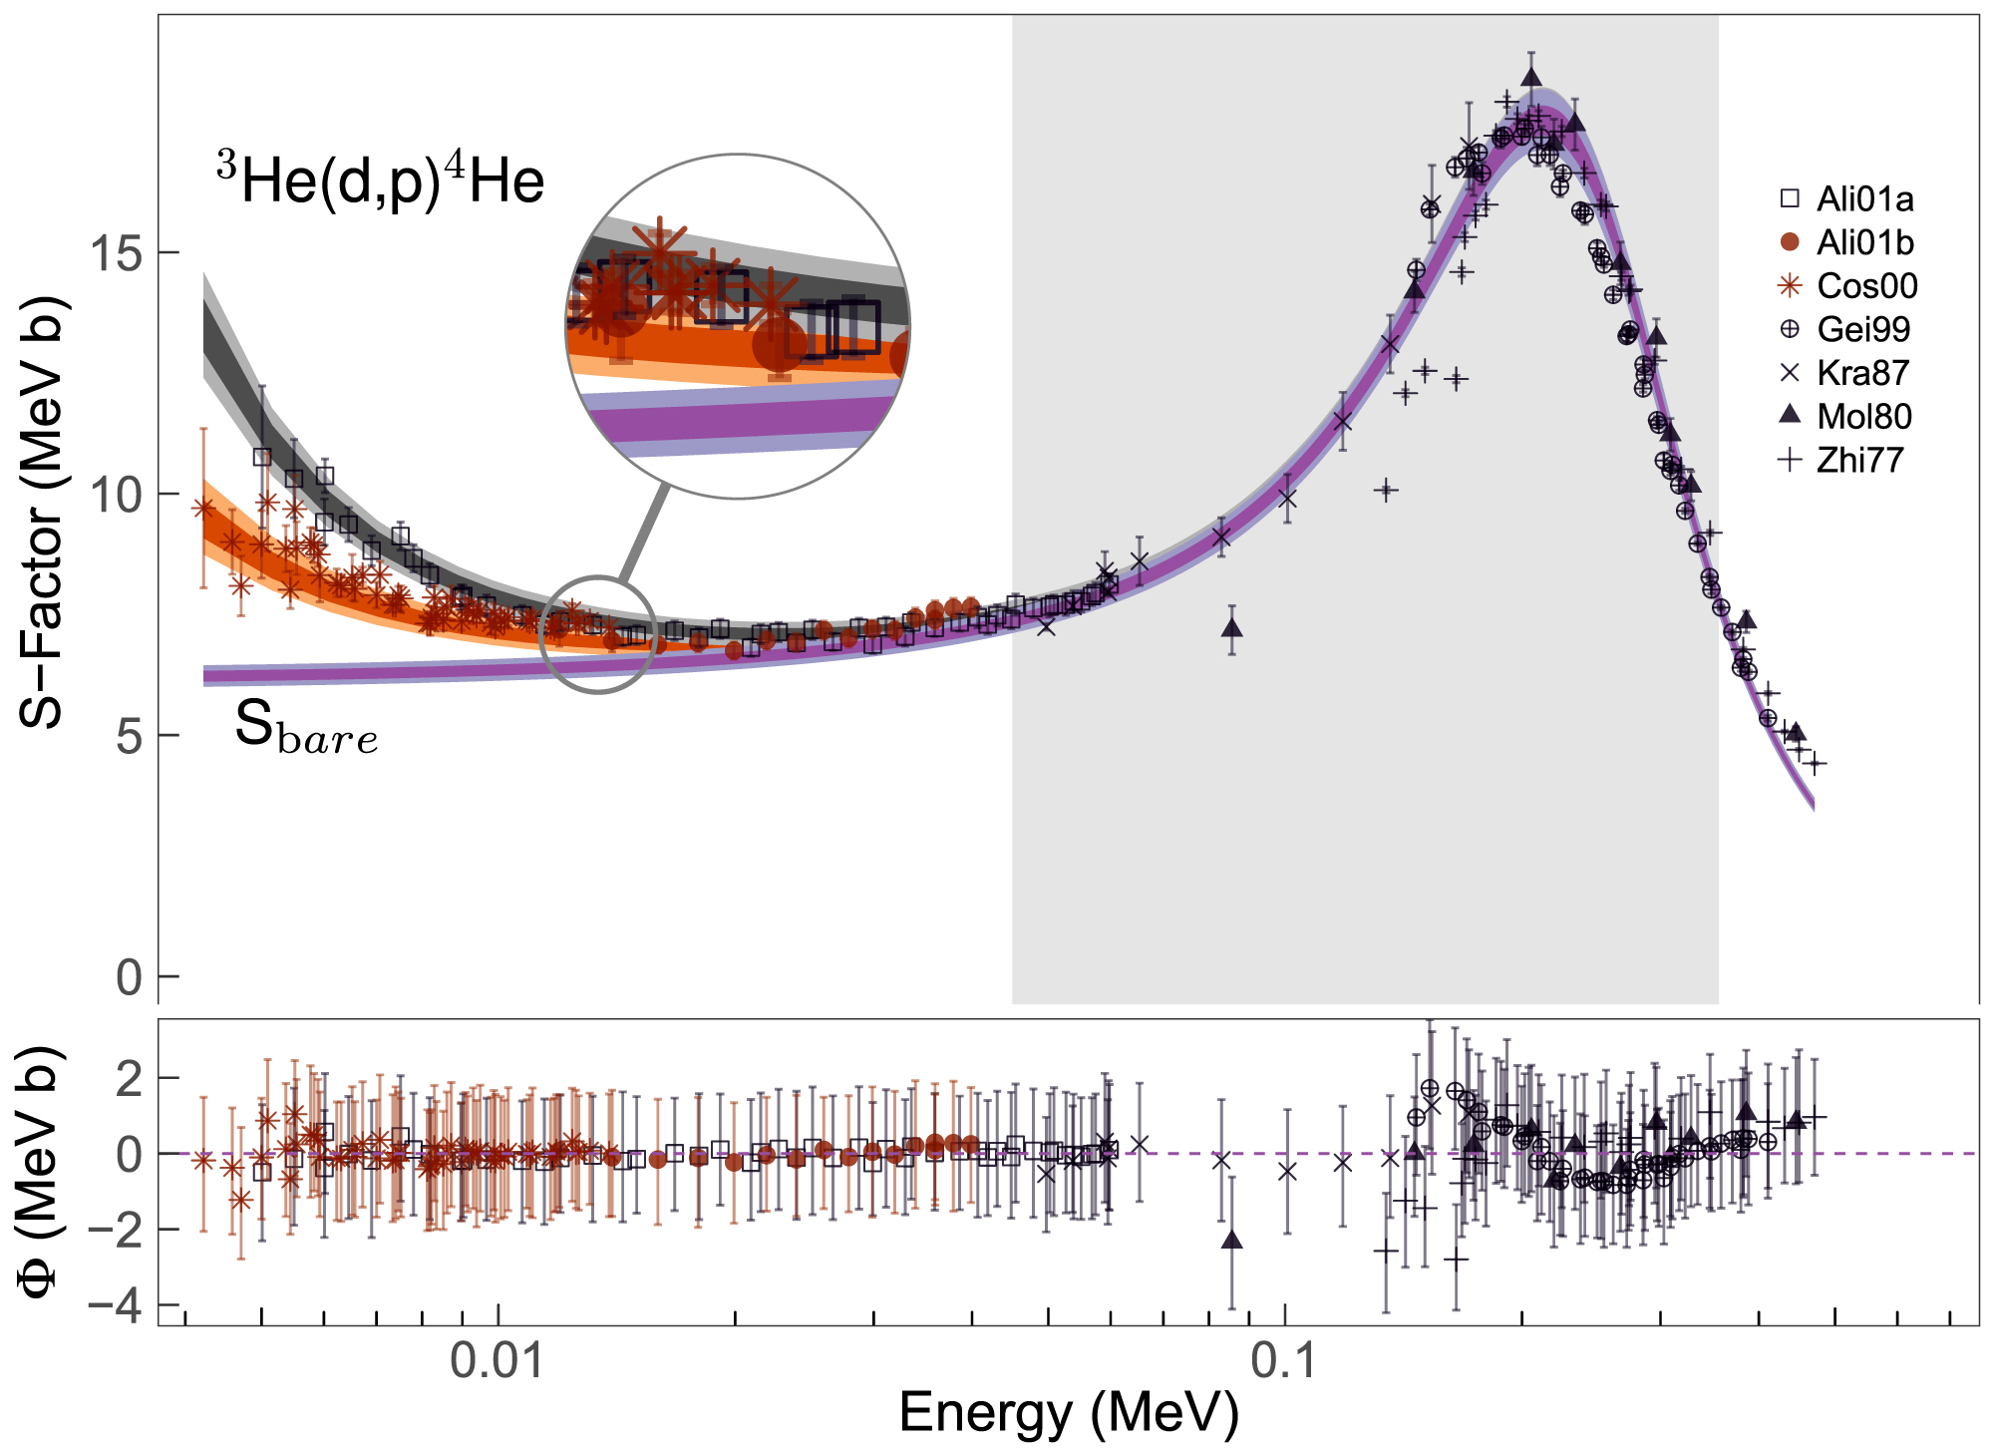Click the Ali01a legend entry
point(1863,199)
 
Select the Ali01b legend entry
point(1863,242)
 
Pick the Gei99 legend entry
point(1863,329)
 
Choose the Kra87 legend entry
point(1861,373)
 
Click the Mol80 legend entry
point(1863,416)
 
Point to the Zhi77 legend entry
point(1859,460)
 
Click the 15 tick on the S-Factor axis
point(118,253)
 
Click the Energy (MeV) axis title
point(1068,1413)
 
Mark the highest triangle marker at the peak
point(1531,78)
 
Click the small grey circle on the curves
point(597,634)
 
